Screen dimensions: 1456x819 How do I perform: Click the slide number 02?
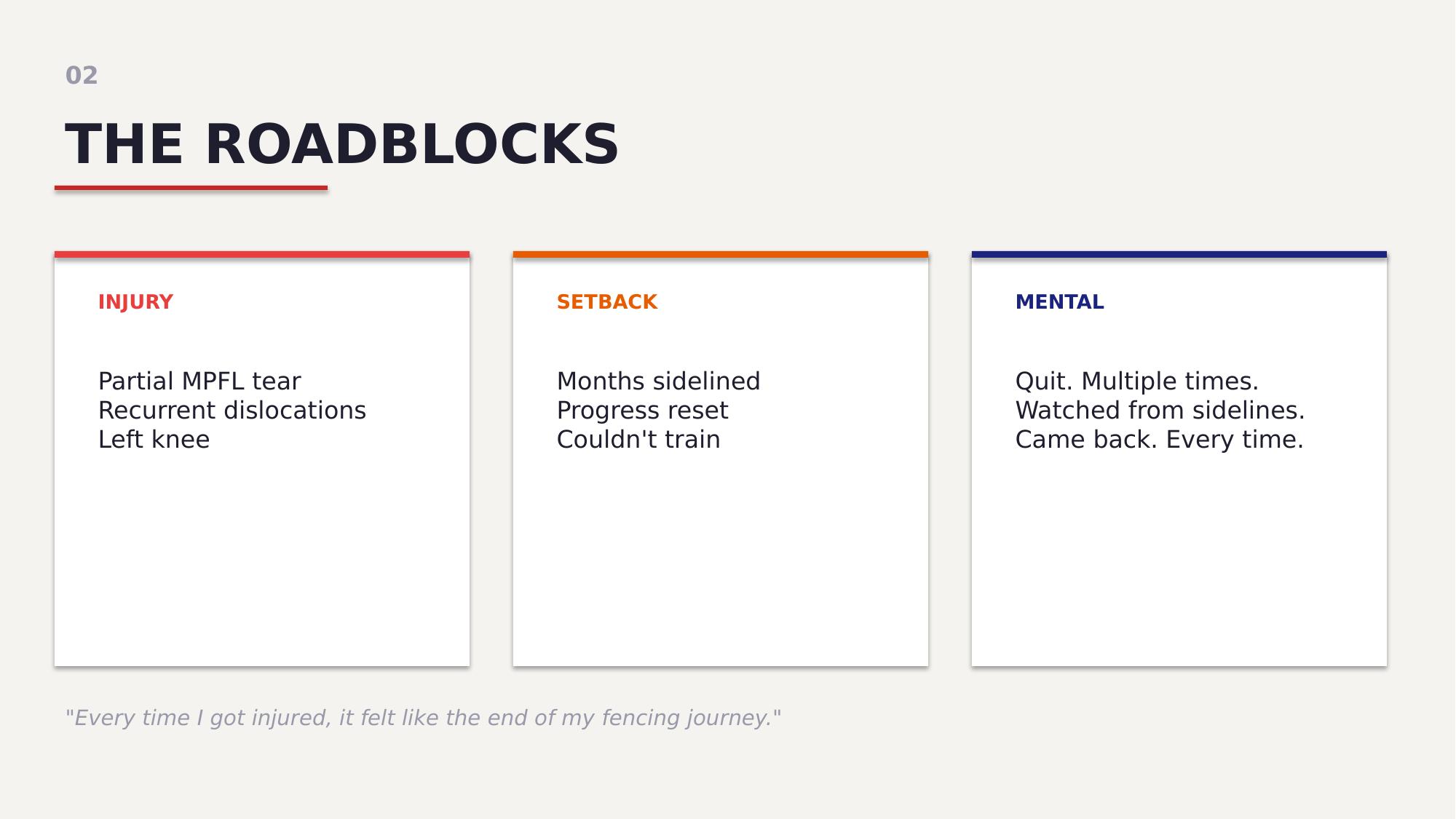(x=82, y=76)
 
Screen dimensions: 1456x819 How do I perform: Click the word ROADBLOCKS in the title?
(x=412, y=144)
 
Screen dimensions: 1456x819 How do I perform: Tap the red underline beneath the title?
(x=191, y=188)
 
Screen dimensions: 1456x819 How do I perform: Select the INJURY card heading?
(x=135, y=302)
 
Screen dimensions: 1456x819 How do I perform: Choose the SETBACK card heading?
(x=607, y=302)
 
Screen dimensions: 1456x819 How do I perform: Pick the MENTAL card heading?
(x=1060, y=302)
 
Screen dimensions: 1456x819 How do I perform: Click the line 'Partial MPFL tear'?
(x=199, y=381)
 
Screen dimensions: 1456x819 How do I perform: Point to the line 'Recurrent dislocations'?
(x=232, y=411)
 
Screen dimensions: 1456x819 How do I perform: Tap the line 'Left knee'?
(x=154, y=440)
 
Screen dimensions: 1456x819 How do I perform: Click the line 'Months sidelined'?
(x=659, y=381)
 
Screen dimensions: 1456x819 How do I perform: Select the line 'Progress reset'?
(x=642, y=411)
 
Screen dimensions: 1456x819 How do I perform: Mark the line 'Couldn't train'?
(x=638, y=440)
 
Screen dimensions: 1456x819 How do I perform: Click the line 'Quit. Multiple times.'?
(x=1137, y=381)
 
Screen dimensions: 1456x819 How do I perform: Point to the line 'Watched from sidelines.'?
(x=1160, y=411)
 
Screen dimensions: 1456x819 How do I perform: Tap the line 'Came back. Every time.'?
(x=1160, y=440)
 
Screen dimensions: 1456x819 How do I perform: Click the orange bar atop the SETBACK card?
(x=721, y=255)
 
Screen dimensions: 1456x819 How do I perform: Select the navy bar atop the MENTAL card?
(x=1179, y=255)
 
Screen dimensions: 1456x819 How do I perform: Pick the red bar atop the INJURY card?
(x=262, y=255)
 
